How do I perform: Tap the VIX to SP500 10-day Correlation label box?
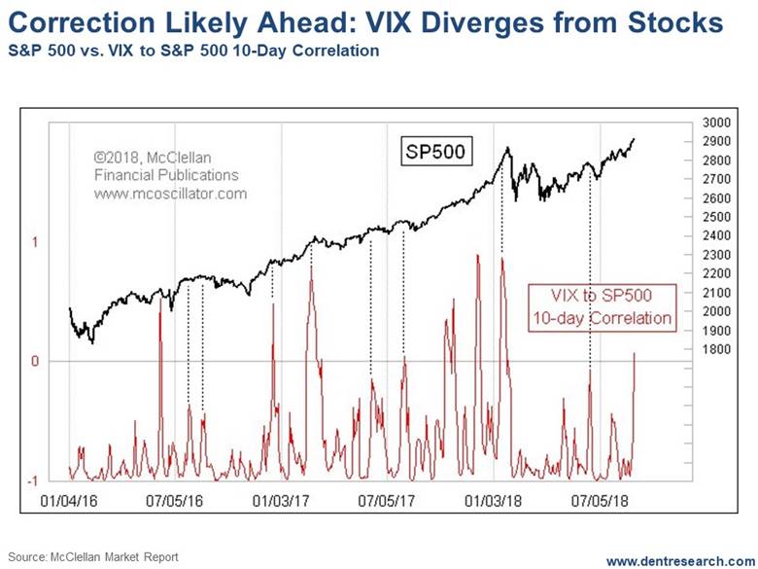[601, 304]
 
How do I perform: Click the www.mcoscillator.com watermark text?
[170, 194]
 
